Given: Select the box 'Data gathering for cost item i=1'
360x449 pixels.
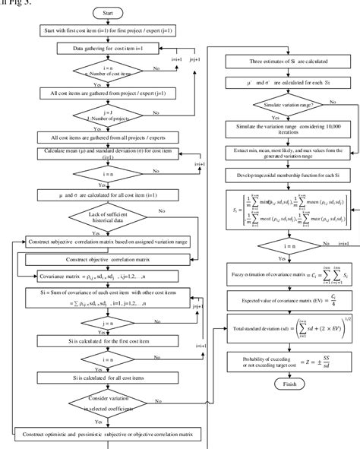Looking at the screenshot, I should coord(109,47).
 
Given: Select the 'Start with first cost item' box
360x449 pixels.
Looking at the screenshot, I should coord(109,30).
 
